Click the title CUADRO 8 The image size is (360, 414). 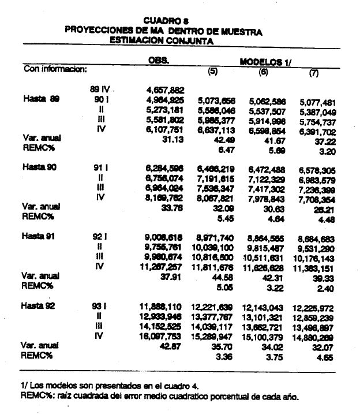pos(163,21)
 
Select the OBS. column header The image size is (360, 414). pos(158,59)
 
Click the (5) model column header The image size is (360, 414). pos(212,71)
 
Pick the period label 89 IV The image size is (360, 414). pos(100,90)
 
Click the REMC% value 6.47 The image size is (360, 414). pos(222,150)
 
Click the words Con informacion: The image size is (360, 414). pos(55,69)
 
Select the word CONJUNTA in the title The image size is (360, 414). pos(187,42)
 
